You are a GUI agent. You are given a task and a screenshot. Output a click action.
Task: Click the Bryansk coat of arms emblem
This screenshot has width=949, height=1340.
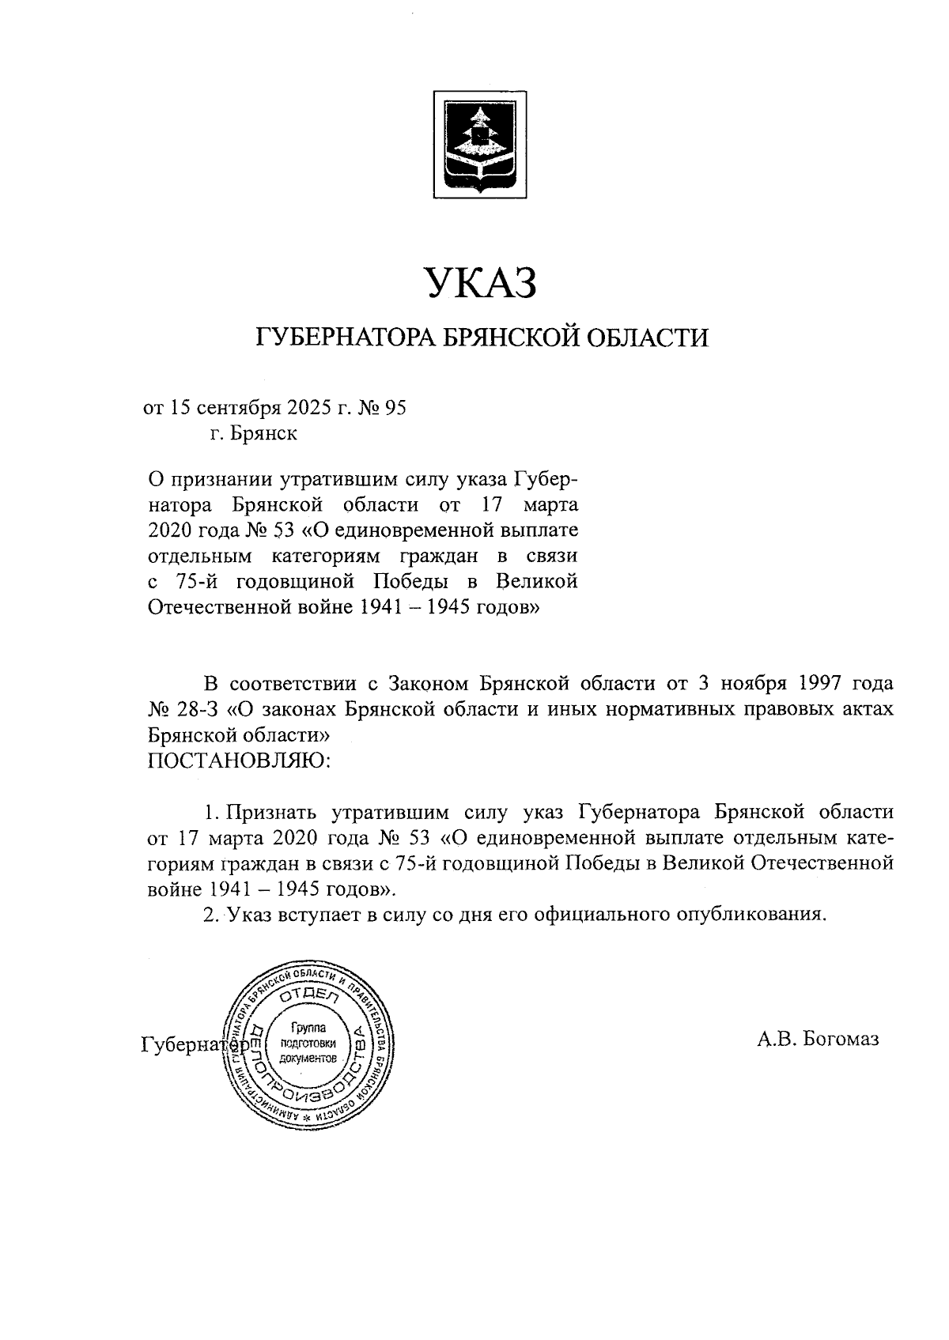coord(478,142)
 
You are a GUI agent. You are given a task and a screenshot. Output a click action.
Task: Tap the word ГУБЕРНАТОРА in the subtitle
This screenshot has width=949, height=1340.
coord(343,338)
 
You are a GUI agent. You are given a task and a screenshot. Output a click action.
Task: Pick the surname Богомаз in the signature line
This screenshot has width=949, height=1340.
coord(841,1040)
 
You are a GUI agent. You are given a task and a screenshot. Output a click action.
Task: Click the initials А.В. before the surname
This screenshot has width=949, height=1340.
coord(777,1040)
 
